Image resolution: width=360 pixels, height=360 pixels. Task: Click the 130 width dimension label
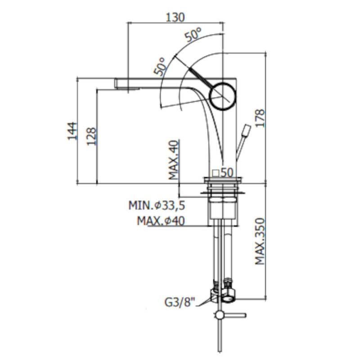point(175,17)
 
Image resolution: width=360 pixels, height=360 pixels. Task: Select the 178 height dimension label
point(260,118)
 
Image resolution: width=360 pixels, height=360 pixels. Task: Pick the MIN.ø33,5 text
point(157,205)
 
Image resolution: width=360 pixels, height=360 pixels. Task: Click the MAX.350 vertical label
point(260,241)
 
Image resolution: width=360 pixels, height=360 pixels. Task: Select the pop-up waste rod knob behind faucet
point(247,131)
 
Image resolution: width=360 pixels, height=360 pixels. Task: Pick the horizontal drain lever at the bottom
point(234,315)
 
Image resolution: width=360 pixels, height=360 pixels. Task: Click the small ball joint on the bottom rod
point(219,315)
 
